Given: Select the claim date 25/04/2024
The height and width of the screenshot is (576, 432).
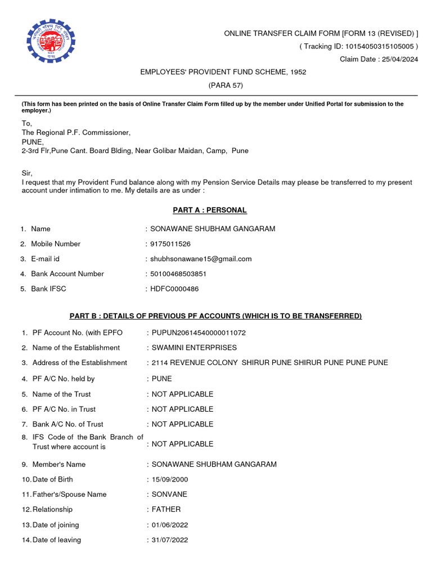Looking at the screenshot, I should point(400,60).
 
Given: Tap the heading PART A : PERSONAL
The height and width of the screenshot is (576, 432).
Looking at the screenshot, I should point(209,210).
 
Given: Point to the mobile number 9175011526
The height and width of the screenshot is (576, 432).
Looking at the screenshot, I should point(170,244).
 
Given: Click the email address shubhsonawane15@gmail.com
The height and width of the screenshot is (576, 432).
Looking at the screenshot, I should point(201,259).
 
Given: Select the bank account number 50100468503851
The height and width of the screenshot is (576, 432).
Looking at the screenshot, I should point(178,274).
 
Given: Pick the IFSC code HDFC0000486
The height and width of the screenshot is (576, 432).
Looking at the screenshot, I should point(174,289).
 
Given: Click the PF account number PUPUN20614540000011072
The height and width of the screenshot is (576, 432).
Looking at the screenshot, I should point(199,332).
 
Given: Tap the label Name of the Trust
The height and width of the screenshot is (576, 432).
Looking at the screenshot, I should point(61,394).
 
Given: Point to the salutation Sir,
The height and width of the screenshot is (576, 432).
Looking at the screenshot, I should point(28,173).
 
